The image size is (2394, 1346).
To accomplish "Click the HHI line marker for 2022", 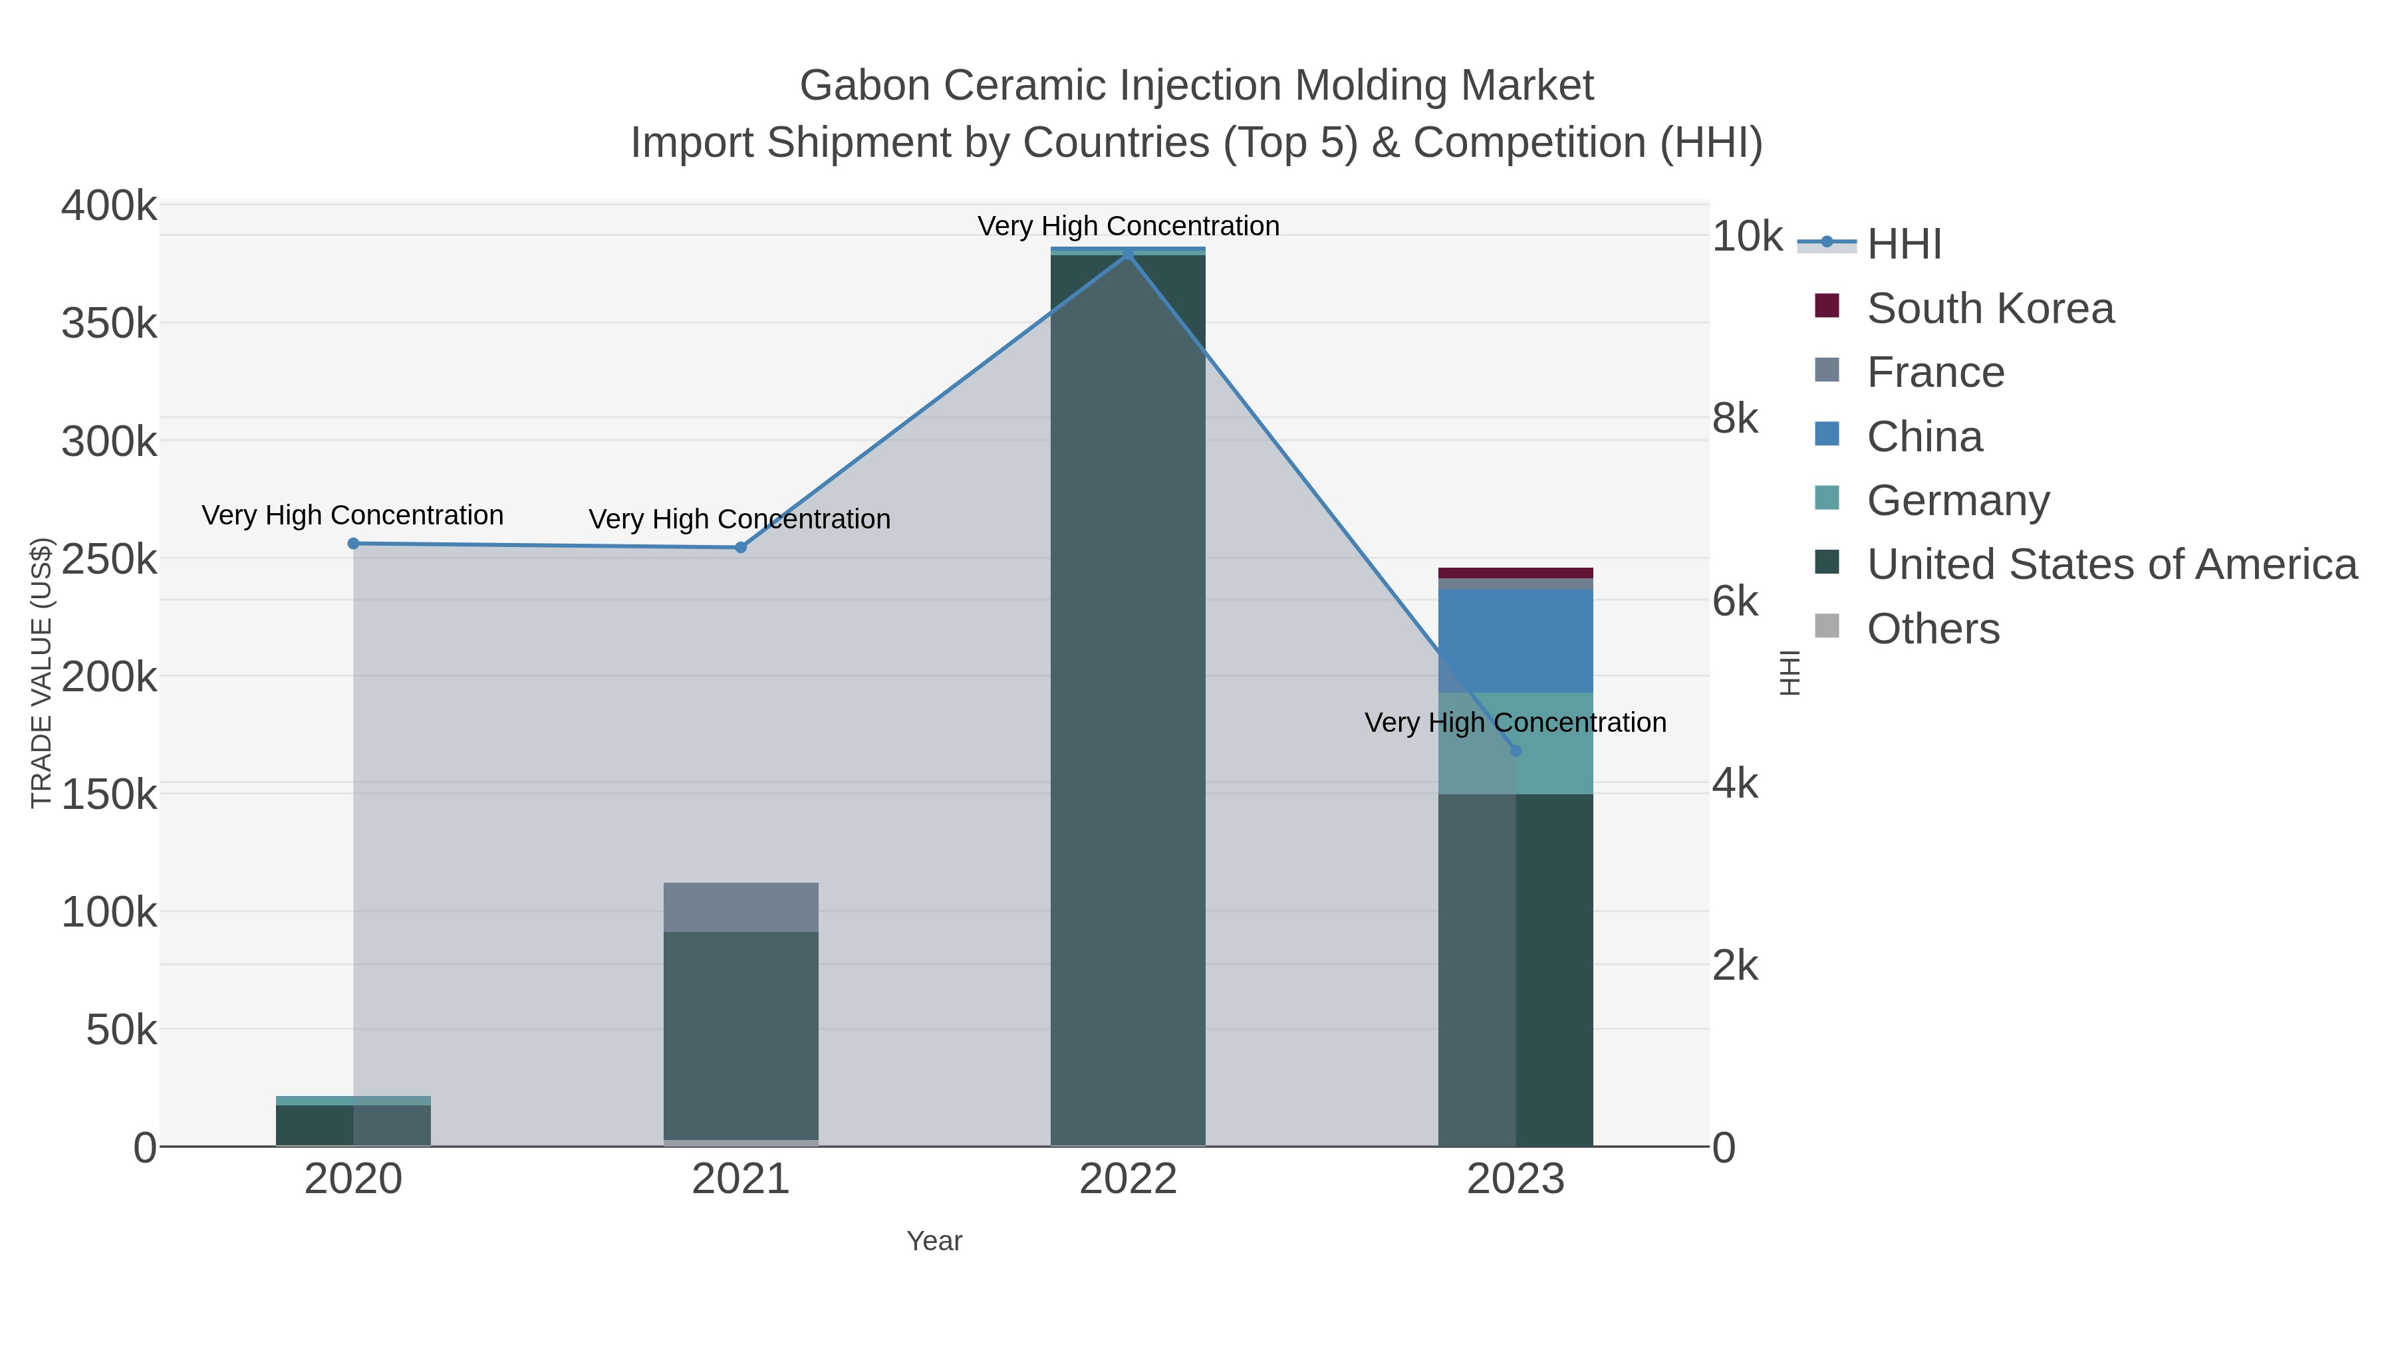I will (x=1129, y=254).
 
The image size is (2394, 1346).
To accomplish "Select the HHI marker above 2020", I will (x=353, y=544).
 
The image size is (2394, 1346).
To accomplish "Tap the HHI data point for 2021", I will (x=741, y=547).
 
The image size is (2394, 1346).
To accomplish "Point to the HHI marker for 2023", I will (x=1516, y=750).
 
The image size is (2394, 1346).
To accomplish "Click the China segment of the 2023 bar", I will (x=1516, y=641).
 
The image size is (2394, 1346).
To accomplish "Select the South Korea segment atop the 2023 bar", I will (x=1516, y=573).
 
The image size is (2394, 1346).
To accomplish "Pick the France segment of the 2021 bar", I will (x=741, y=907).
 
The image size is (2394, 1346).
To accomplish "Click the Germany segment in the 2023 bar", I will (x=1554, y=743).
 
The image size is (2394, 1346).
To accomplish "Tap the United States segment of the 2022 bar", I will (x=1129, y=697).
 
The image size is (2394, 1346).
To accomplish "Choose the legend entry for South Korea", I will (x=1989, y=308).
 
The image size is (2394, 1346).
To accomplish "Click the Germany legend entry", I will (x=1957, y=501).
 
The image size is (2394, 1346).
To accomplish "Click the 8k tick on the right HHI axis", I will (x=1734, y=419).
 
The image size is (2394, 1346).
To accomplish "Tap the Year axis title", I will (x=934, y=1241).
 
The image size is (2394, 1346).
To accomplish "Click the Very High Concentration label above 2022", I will (x=1129, y=226).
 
